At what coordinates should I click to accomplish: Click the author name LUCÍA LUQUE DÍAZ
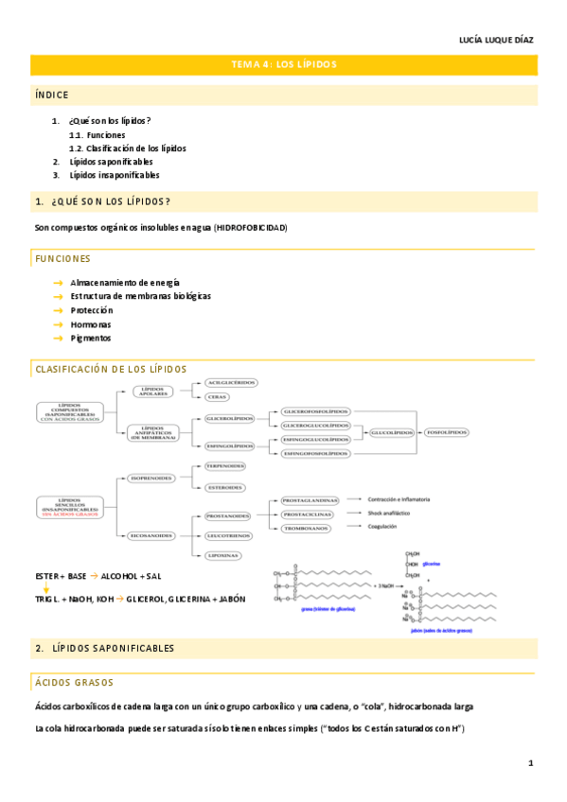point(496,40)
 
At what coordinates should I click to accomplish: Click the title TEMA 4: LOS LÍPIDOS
point(284,64)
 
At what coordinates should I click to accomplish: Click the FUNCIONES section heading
point(62,258)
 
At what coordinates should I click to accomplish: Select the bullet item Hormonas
point(90,323)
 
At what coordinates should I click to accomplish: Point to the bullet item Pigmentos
point(90,338)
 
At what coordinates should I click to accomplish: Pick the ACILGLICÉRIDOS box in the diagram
point(231,383)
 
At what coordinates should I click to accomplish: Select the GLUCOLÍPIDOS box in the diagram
point(391,432)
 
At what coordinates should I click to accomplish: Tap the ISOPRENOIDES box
point(151,479)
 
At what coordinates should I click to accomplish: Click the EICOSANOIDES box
point(151,535)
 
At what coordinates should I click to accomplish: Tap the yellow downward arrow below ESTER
point(45,587)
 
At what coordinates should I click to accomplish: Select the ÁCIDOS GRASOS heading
point(74,682)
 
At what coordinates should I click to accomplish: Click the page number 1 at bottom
point(531,763)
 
